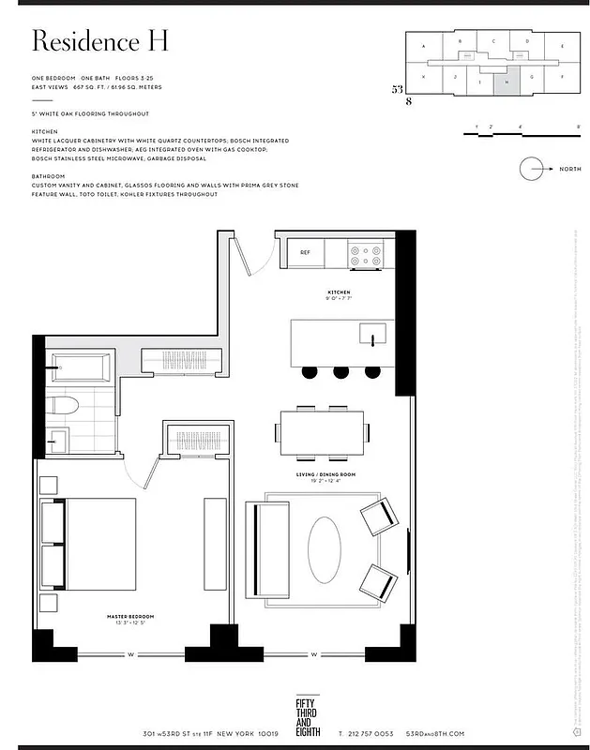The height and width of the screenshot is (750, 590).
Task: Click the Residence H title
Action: (x=99, y=41)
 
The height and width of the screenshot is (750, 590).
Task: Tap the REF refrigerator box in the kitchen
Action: (x=305, y=252)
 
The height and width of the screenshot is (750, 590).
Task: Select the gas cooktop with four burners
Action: (x=366, y=252)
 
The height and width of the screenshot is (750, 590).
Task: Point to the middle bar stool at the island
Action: (x=340, y=372)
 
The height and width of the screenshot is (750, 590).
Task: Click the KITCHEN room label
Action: (x=339, y=293)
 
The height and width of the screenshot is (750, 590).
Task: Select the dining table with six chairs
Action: (x=321, y=432)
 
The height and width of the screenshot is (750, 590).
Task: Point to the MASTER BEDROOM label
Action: (x=129, y=617)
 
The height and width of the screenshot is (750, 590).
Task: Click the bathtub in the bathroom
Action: (x=81, y=368)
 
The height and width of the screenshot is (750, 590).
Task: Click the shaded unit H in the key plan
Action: (x=507, y=82)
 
